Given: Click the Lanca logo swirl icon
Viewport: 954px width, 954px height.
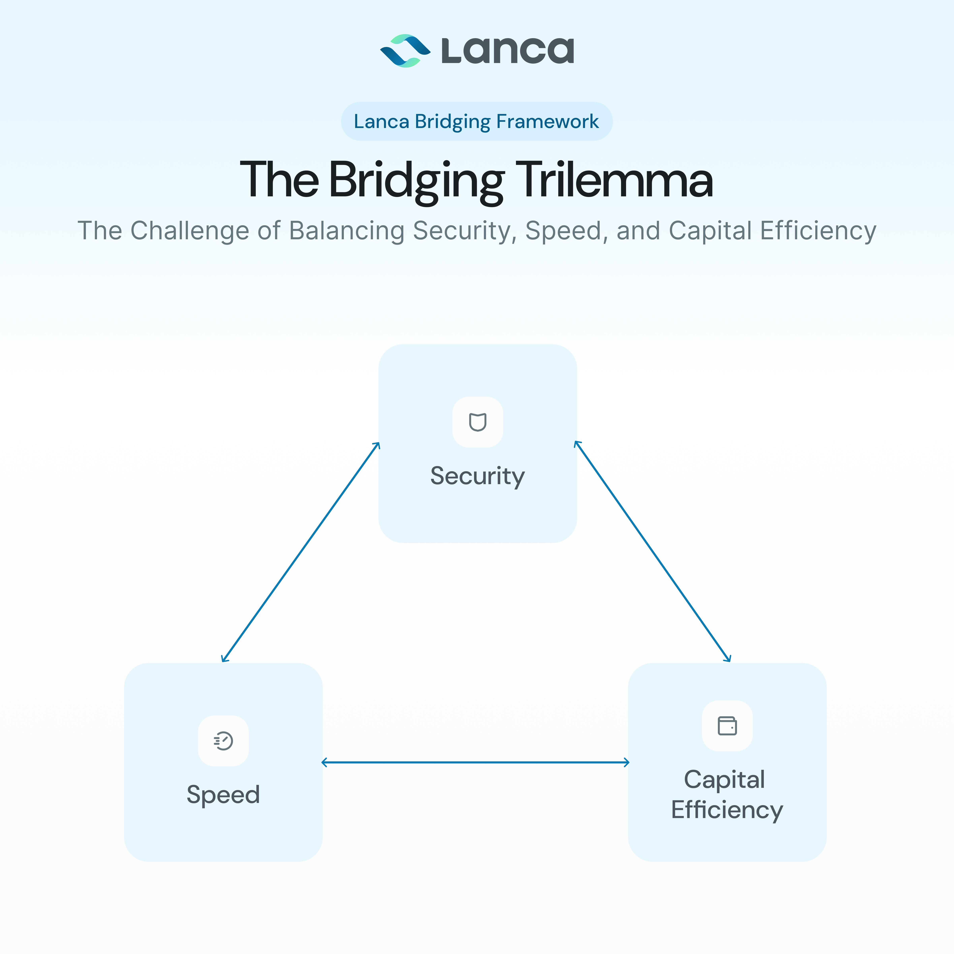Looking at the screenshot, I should pyautogui.click(x=405, y=51).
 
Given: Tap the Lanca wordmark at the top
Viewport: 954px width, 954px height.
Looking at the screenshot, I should pyautogui.click(x=508, y=51).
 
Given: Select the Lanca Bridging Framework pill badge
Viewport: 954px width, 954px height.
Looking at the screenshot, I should pyautogui.click(x=477, y=121).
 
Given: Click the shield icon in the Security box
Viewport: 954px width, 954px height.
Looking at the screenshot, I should pyautogui.click(x=477, y=422).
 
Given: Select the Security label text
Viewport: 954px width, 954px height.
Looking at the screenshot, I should pyautogui.click(x=477, y=476).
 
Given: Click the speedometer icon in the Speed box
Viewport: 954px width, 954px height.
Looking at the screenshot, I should pyautogui.click(x=223, y=741).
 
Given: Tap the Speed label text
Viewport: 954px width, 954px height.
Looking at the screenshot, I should pyautogui.click(x=223, y=795).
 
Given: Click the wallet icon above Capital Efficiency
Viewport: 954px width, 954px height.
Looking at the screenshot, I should pyautogui.click(x=727, y=726).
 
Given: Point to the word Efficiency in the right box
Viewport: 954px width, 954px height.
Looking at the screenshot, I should pyautogui.click(x=727, y=810).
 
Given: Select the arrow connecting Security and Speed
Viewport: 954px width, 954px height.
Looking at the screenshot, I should pyautogui.click(x=300, y=552).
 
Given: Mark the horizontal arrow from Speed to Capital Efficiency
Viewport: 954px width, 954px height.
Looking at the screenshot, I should pyautogui.click(x=475, y=762).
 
